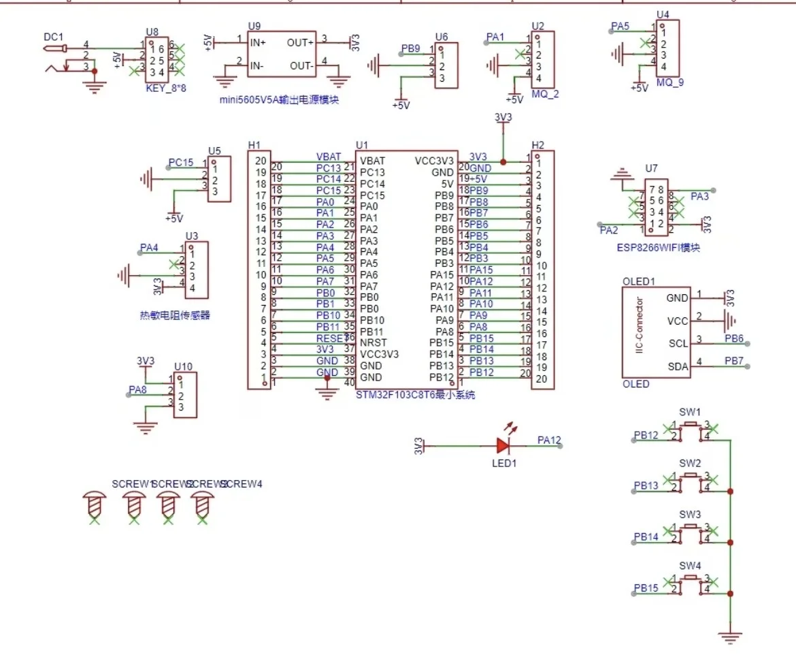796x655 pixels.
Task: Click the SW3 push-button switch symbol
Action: pos(691,532)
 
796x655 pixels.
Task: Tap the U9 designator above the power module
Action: pos(254,26)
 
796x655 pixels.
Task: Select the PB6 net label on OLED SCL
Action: pos(734,338)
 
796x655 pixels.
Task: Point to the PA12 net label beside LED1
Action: pos(548,440)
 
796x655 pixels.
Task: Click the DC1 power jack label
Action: pos(52,37)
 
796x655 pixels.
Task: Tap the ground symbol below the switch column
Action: pos(730,638)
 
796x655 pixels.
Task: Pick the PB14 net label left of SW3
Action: pos(646,537)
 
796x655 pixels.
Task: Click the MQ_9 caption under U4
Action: pos(669,83)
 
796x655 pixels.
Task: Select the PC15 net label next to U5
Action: pos(181,163)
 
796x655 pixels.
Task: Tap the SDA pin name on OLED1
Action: pos(678,367)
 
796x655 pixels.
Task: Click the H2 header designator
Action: pos(537,145)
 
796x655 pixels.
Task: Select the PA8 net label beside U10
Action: pos(137,390)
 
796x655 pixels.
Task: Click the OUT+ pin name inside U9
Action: pos(300,42)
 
